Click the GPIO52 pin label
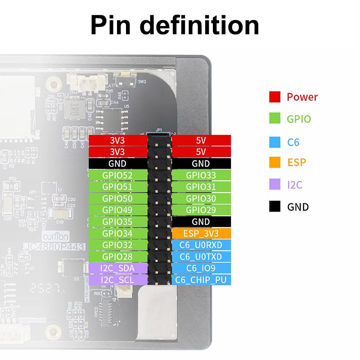tap(118, 175)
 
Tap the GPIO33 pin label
tap(201, 175)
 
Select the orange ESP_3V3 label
tap(201, 233)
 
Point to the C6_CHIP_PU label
tap(201, 280)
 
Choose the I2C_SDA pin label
tap(118, 268)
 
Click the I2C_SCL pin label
tap(118, 280)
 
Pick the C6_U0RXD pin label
tap(201, 245)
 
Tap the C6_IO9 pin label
tap(201, 268)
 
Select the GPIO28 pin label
tap(118, 256)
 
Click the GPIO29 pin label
tap(201, 210)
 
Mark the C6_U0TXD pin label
tap(201, 256)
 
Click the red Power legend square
tap(275, 97)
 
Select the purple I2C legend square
tap(275, 184)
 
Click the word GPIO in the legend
tap(299, 119)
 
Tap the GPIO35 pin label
tap(118, 221)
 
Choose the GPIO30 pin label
tap(201, 198)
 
